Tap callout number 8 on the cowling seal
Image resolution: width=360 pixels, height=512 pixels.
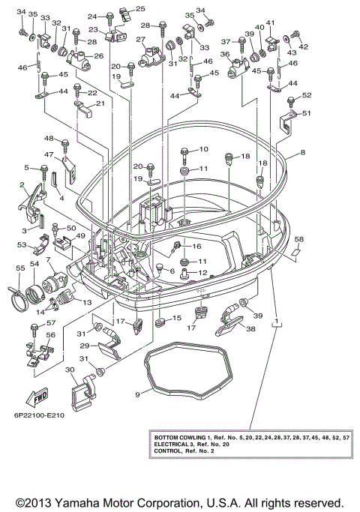point(303,152)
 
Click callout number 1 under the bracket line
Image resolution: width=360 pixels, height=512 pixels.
point(277,322)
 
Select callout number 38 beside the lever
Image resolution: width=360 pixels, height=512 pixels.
point(250,328)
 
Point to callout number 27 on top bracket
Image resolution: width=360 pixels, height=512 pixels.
point(139,40)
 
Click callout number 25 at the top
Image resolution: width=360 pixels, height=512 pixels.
point(139,7)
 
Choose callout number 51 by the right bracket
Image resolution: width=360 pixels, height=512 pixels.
point(306,113)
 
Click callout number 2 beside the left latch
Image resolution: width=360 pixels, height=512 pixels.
point(23,185)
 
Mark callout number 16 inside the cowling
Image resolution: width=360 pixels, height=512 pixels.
point(197,246)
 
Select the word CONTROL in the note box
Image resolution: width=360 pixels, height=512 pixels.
point(166,452)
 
